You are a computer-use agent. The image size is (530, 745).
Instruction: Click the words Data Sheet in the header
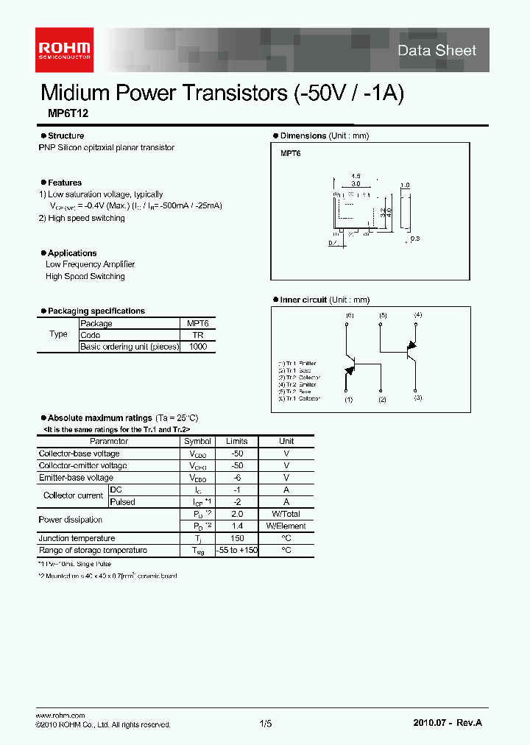tap(437, 51)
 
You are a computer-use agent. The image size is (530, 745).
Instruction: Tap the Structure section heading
tap(66, 135)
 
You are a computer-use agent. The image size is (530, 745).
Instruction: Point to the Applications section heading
tap(72, 253)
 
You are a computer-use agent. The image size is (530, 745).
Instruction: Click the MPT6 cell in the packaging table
tap(197, 323)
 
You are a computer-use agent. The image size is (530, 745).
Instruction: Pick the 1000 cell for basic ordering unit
tap(197, 347)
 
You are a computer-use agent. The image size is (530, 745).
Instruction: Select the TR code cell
tap(197, 335)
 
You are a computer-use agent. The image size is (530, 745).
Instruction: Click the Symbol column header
tap(197, 441)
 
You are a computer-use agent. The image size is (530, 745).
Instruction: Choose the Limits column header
tap(236, 441)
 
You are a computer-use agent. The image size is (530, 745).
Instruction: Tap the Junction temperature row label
tap(77, 538)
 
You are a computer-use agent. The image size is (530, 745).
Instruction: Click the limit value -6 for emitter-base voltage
tap(236, 478)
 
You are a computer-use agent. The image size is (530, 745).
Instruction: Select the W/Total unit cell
tap(286, 514)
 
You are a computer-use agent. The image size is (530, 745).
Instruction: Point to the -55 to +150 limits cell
tap(236, 550)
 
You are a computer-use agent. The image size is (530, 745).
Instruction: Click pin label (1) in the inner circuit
tap(348, 400)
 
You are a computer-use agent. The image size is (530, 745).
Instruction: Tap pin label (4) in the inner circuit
tap(418, 315)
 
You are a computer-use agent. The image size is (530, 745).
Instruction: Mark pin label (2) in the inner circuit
tap(382, 400)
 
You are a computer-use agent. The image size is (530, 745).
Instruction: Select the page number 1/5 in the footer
tap(265, 724)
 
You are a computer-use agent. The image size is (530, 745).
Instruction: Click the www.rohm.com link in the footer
tap(60, 716)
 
